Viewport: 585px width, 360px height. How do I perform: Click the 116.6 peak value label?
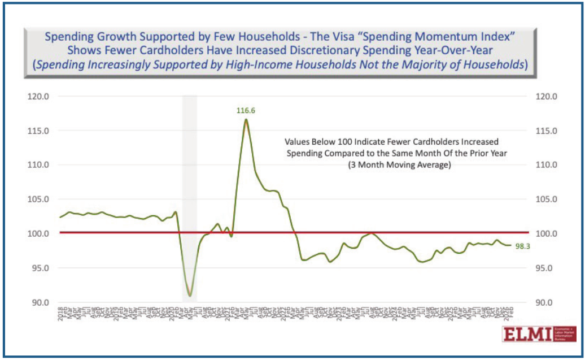click(x=246, y=111)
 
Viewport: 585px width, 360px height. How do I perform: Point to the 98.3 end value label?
click(x=523, y=246)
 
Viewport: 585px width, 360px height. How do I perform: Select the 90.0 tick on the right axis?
click(x=547, y=302)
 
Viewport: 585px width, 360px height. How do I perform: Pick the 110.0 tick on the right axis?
click(x=547, y=165)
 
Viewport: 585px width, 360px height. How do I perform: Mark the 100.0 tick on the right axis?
click(x=547, y=233)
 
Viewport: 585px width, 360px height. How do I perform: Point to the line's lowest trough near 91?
click(x=190, y=296)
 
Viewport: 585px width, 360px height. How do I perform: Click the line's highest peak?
click(x=246, y=119)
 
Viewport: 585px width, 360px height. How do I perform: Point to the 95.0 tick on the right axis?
click(x=547, y=268)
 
